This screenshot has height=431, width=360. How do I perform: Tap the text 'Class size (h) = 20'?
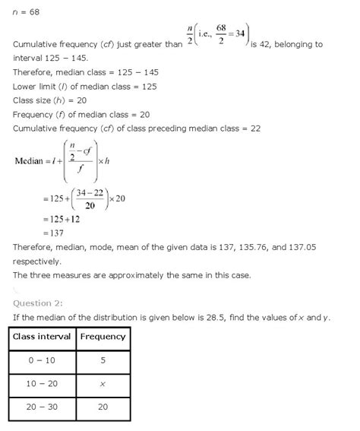pos(50,101)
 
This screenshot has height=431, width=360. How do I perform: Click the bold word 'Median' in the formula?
pos(31,161)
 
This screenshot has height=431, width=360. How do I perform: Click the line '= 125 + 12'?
pos(61,219)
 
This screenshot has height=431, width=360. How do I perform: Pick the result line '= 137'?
pos(54,233)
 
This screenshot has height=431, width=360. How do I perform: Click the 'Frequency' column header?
pos(103,337)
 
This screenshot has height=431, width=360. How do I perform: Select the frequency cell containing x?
pos(103,385)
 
